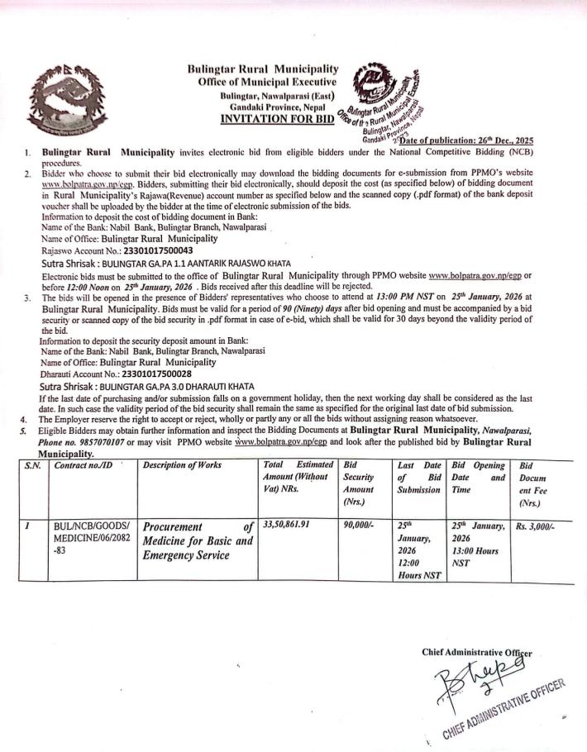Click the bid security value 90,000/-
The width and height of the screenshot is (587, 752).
click(357, 524)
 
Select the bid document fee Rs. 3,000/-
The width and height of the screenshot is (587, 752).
click(537, 524)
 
